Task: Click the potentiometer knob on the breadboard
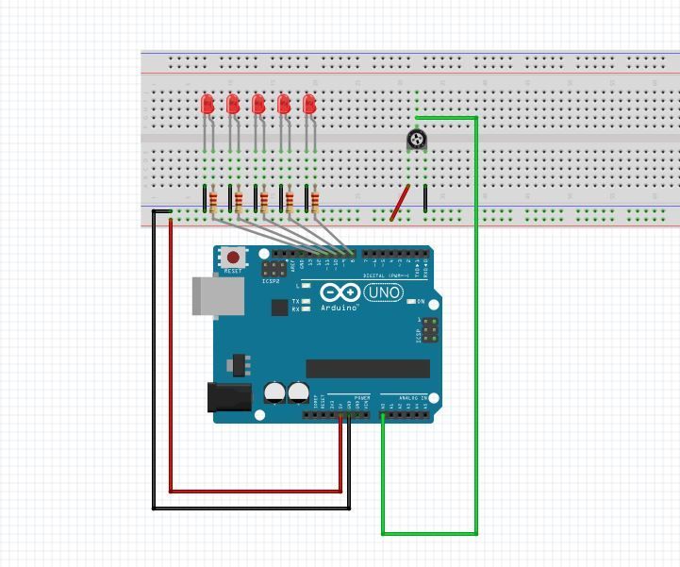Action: [x=417, y=140]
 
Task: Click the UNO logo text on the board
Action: [x=383, y=292]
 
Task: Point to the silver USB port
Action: [x=216, y=295]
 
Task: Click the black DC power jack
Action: [x=229, y=397]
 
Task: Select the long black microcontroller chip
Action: [x=368, y=368]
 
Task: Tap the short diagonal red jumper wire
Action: [x=400, y=203]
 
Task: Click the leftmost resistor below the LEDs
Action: [x=213, y=201]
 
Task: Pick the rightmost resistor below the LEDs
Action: [x=315, y=201]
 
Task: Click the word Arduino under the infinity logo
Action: [x=340, y=308]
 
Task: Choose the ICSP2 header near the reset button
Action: [x=274, y=269]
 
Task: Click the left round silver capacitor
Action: [x=275, y=391]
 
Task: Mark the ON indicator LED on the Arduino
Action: [x=410, y=302]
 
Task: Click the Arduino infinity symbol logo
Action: [x=340, y=292]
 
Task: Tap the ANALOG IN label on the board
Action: [x=413, y=398]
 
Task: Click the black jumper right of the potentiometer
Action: [x=425, y=198]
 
